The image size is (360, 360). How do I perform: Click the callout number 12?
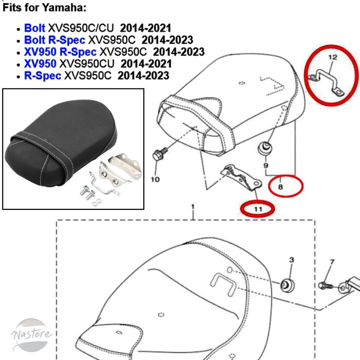click(333, 57)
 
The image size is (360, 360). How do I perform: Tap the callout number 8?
click(280, 187)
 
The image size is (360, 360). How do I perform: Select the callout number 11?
click(258, 209)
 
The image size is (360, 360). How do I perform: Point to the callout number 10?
click(155, 179)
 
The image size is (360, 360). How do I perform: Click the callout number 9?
click(266, 165)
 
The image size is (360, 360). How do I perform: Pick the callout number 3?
click(291, 260)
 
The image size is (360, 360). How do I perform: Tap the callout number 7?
click(332, 262)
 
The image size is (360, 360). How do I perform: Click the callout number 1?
click(193, 207)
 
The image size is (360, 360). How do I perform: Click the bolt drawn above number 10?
click(160, 153)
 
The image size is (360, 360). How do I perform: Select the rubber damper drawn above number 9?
click(265, 148)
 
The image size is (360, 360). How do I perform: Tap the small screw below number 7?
click(326, 286)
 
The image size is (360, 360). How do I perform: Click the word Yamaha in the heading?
click(64, 8)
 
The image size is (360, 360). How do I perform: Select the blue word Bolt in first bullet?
click(35, 28)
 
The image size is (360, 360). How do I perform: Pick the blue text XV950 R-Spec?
click(60, 52)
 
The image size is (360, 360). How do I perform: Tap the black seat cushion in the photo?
click(61, 143)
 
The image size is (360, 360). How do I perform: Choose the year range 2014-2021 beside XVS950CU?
click(146, 64)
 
